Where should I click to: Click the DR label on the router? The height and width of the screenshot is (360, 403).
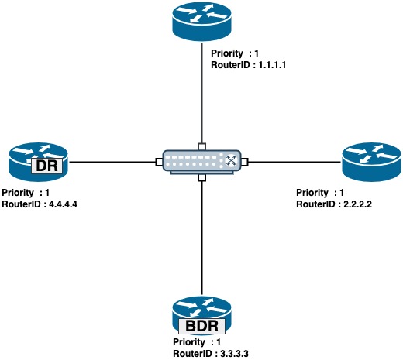[x=46, y=166]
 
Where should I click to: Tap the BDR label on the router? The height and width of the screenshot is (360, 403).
[x=201, y=326]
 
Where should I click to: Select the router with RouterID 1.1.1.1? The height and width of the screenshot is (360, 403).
[x=201, y=22]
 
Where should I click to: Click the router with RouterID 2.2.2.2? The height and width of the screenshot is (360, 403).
[x=371, y=162]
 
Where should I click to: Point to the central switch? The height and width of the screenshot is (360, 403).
[x=201, y=162]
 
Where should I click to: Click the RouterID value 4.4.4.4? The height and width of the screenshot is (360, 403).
[x=63, y=204]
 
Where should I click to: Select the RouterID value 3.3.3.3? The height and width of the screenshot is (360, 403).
[x=234, y=354]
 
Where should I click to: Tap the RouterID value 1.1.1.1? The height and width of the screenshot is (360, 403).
[x=272, y=65]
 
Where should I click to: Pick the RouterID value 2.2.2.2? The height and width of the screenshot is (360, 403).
[x=357, y=204]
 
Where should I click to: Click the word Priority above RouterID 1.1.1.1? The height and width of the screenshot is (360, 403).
[x=227, y=53]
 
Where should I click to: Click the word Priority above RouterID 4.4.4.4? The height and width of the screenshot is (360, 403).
[x=18, y=193]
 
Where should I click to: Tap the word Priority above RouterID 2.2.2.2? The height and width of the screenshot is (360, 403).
[x=312, y=193]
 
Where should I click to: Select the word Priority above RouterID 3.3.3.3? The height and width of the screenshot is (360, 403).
[x=189, y=342]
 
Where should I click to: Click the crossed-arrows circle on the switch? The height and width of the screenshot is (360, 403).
[x=231, y=160]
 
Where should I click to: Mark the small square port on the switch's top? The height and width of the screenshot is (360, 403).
[x=201, y=146]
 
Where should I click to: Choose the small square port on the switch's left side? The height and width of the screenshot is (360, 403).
[x=159, y=162]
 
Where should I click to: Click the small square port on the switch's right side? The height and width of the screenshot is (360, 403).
[x=244, y=162]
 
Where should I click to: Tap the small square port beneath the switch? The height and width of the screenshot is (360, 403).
[x=201, y=178]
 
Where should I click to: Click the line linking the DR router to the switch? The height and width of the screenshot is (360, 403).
[x=112, y=163]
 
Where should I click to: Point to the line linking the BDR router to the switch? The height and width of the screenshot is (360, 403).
[x=201, y=238]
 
